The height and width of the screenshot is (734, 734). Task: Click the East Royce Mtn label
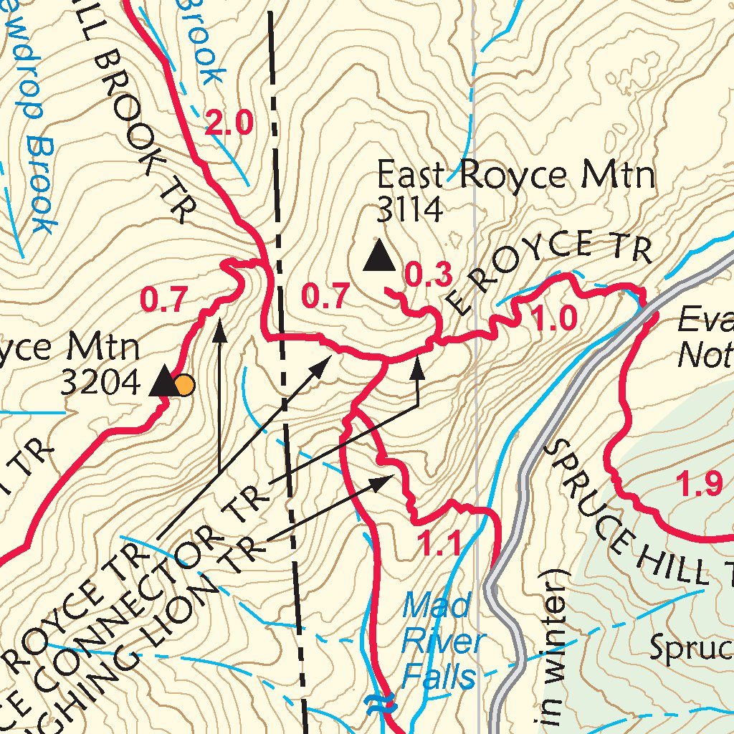coord(516,175)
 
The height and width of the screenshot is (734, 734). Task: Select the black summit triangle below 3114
coord(378,257)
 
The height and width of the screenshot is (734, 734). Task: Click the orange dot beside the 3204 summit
coord(184,386)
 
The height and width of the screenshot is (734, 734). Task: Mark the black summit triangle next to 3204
coord(163,381)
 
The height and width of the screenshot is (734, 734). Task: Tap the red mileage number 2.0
coord(229,125)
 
